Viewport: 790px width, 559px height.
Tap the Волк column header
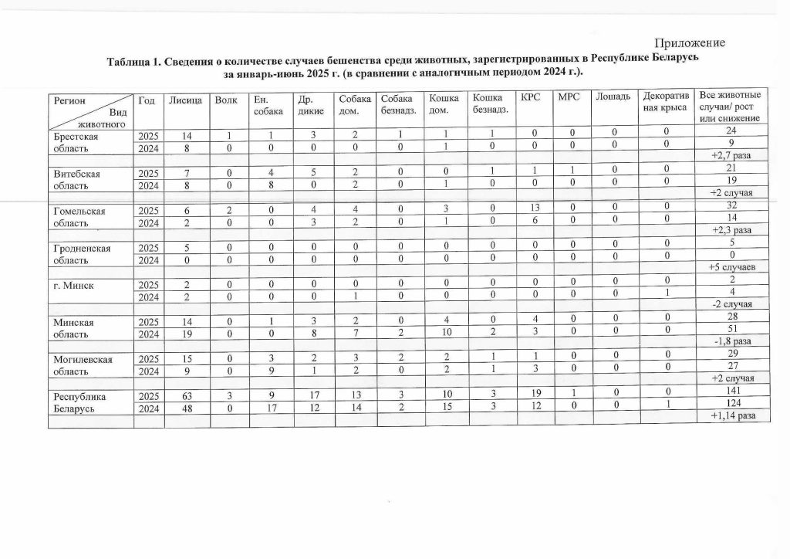[x=226, y=100]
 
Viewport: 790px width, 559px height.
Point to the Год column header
[x=147, y=100]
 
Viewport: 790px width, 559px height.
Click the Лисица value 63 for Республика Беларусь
[x=186, y=396]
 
